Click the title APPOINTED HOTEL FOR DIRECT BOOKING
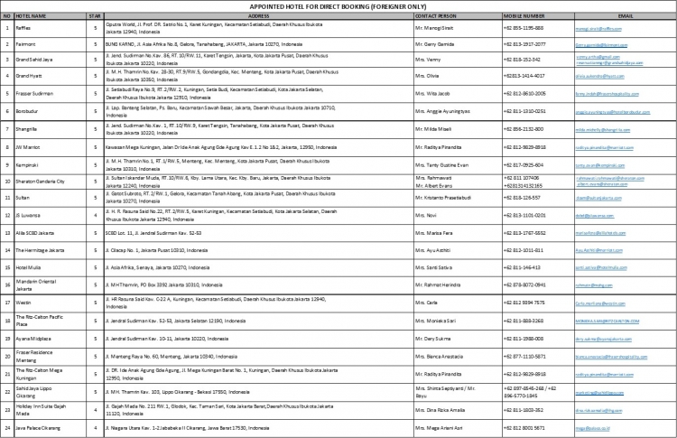click(338, 5)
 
